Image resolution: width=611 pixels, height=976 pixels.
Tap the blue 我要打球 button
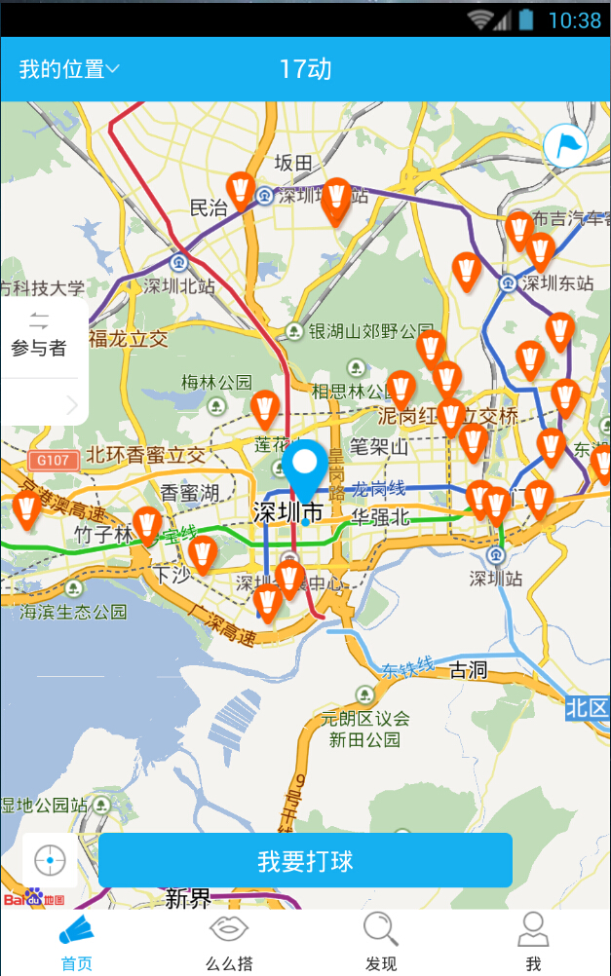[x=305, y=860]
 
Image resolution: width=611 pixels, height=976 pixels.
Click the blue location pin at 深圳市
[x=306, y=467]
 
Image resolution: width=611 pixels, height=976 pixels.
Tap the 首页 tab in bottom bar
[x=77, y=943]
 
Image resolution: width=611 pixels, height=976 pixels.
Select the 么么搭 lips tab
[x=229, y=943]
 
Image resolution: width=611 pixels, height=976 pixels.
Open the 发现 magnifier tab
[x=381, y=943]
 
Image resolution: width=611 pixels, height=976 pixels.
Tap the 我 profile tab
[x=533, y=943]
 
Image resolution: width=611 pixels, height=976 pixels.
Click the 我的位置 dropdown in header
[x=69, y=69]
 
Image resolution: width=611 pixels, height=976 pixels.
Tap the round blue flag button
[x=566, y=147]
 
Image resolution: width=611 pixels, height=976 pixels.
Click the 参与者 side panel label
[x=39, y=348]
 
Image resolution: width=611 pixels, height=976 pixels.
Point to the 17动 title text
[x=305, y=69]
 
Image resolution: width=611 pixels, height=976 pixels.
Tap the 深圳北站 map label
[x=178, y=285]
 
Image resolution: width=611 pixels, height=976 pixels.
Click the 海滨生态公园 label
[x=74, y=612]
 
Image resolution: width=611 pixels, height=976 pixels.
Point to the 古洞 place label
[x=468, y=670]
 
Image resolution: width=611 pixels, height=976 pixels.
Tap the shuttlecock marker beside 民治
[x=241, y=190]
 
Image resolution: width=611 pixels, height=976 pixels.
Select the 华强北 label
[x=381, y=517]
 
